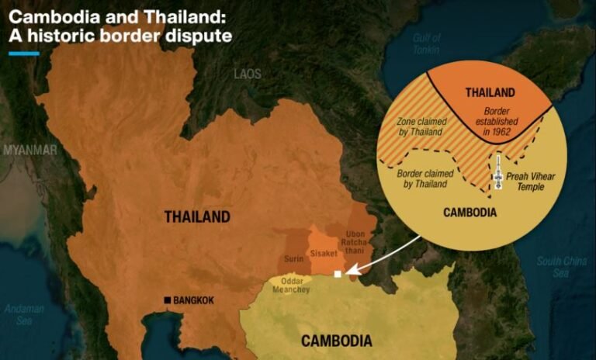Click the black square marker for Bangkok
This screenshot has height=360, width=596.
point(167,300)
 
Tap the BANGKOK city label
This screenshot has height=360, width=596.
point(193,300)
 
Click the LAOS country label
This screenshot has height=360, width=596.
point(248,74)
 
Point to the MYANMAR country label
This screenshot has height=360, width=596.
point(29,149)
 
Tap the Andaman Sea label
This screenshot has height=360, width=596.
point(19,313)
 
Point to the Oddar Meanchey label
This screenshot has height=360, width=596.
point(291,285)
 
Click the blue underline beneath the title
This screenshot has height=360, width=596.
point(23,54)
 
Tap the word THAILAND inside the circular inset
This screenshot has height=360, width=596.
point(490,93)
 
